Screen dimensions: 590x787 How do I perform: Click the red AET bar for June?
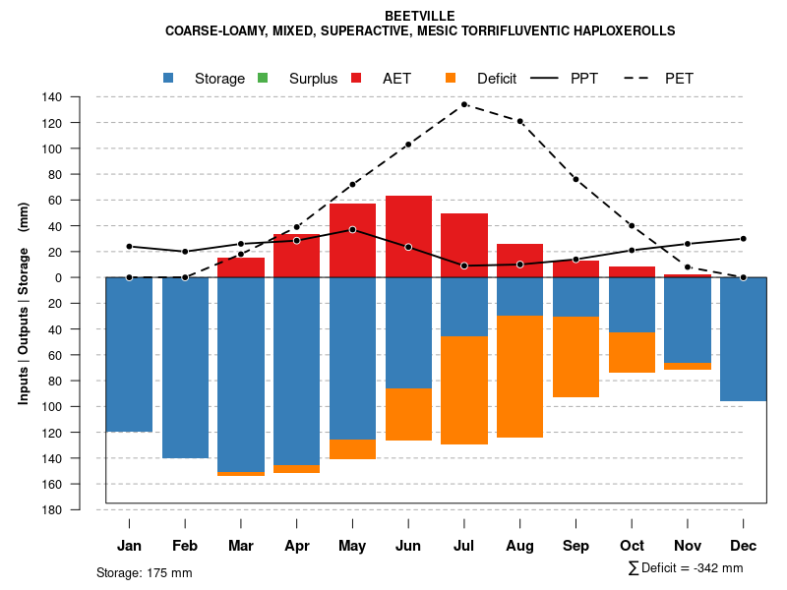pos(408,236)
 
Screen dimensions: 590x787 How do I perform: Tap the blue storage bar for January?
pos(129,354)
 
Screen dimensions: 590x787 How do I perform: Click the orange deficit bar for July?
pos(464,390)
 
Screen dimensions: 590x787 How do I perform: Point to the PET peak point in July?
pos(464,104)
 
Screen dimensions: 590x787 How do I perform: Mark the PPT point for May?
pos(352,229)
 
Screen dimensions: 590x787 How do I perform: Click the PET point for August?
pos(519,121)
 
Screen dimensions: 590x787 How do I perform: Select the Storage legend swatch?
pos(170,78)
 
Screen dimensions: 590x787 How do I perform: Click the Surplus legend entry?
pos(313,79)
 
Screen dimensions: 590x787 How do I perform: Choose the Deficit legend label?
pos(497,79)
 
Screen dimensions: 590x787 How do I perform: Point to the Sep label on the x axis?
pos(576,546)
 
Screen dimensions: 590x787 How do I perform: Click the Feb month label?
pos(185,546)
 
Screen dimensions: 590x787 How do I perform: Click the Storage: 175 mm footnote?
pos(144,572)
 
